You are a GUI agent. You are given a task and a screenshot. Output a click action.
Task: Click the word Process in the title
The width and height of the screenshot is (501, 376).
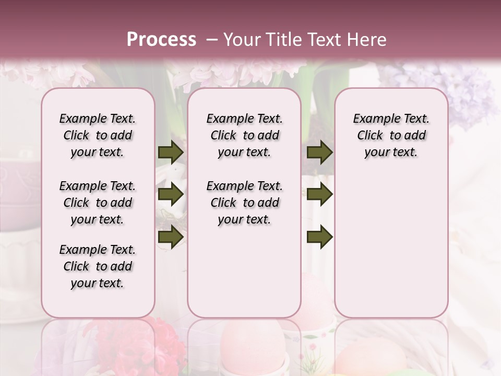tap(161, 39)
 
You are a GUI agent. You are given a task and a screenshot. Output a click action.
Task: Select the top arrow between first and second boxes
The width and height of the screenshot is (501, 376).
tap(171, 152)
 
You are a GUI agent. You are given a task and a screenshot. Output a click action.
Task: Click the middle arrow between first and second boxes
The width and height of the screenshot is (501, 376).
tap(171, 195)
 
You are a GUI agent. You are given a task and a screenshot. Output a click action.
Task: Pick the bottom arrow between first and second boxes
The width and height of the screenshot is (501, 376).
tap(171, 237)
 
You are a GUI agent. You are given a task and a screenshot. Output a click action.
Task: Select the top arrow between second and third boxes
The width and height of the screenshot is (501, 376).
tap(320, 152)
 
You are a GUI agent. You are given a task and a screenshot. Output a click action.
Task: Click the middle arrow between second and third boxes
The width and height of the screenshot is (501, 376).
tap(320, 195)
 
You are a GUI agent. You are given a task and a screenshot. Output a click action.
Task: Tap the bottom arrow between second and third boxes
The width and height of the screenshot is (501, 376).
tap(320, 237)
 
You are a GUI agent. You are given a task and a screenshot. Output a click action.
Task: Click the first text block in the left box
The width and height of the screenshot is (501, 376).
tap(98, 135)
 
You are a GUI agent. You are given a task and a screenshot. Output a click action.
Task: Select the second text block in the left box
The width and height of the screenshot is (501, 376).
tap(98, 203)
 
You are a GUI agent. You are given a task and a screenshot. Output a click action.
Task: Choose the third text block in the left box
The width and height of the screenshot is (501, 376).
tap(98, 266)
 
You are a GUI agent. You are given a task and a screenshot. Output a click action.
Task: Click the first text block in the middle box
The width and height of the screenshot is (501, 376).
tap(244, 135)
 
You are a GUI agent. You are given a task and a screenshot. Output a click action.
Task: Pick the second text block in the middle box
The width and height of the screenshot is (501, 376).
tap(244, 203)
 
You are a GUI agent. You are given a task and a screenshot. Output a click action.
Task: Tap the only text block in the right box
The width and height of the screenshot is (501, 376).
tap(391, 135)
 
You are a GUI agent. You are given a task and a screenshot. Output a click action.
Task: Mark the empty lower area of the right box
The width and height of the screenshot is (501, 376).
tap(391, 245)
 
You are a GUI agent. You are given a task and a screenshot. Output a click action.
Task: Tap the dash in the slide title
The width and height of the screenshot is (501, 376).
tap(212, 40)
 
